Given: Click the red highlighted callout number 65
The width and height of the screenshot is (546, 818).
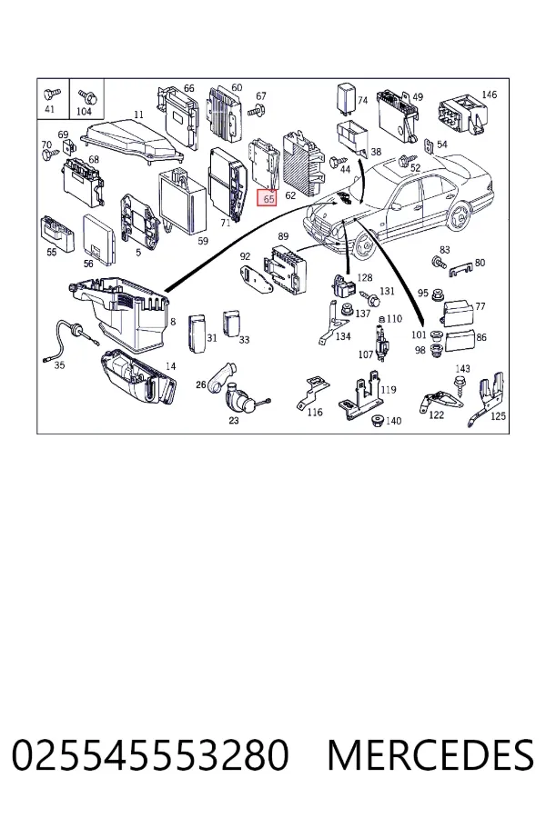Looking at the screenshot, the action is coord(268,199).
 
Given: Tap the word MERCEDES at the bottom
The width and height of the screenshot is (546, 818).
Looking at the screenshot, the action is coord(430,755).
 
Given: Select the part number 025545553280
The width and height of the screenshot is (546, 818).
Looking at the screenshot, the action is coord(150,755).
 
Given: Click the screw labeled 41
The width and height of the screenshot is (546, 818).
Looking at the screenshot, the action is coord(52,95).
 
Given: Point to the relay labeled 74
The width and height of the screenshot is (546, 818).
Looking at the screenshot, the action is coord(346,97).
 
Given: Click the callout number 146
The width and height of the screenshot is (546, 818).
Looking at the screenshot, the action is coord(490,95).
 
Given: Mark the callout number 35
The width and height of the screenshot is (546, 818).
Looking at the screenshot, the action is coord(59,364).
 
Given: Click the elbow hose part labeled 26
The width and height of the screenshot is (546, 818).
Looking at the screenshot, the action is coord(220,377).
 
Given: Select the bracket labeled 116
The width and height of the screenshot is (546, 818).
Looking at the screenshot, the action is coord(312,392).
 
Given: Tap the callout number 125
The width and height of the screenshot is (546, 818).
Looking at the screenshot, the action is coord(498,415).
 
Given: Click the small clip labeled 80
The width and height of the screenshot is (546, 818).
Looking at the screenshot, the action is coord(460,268).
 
